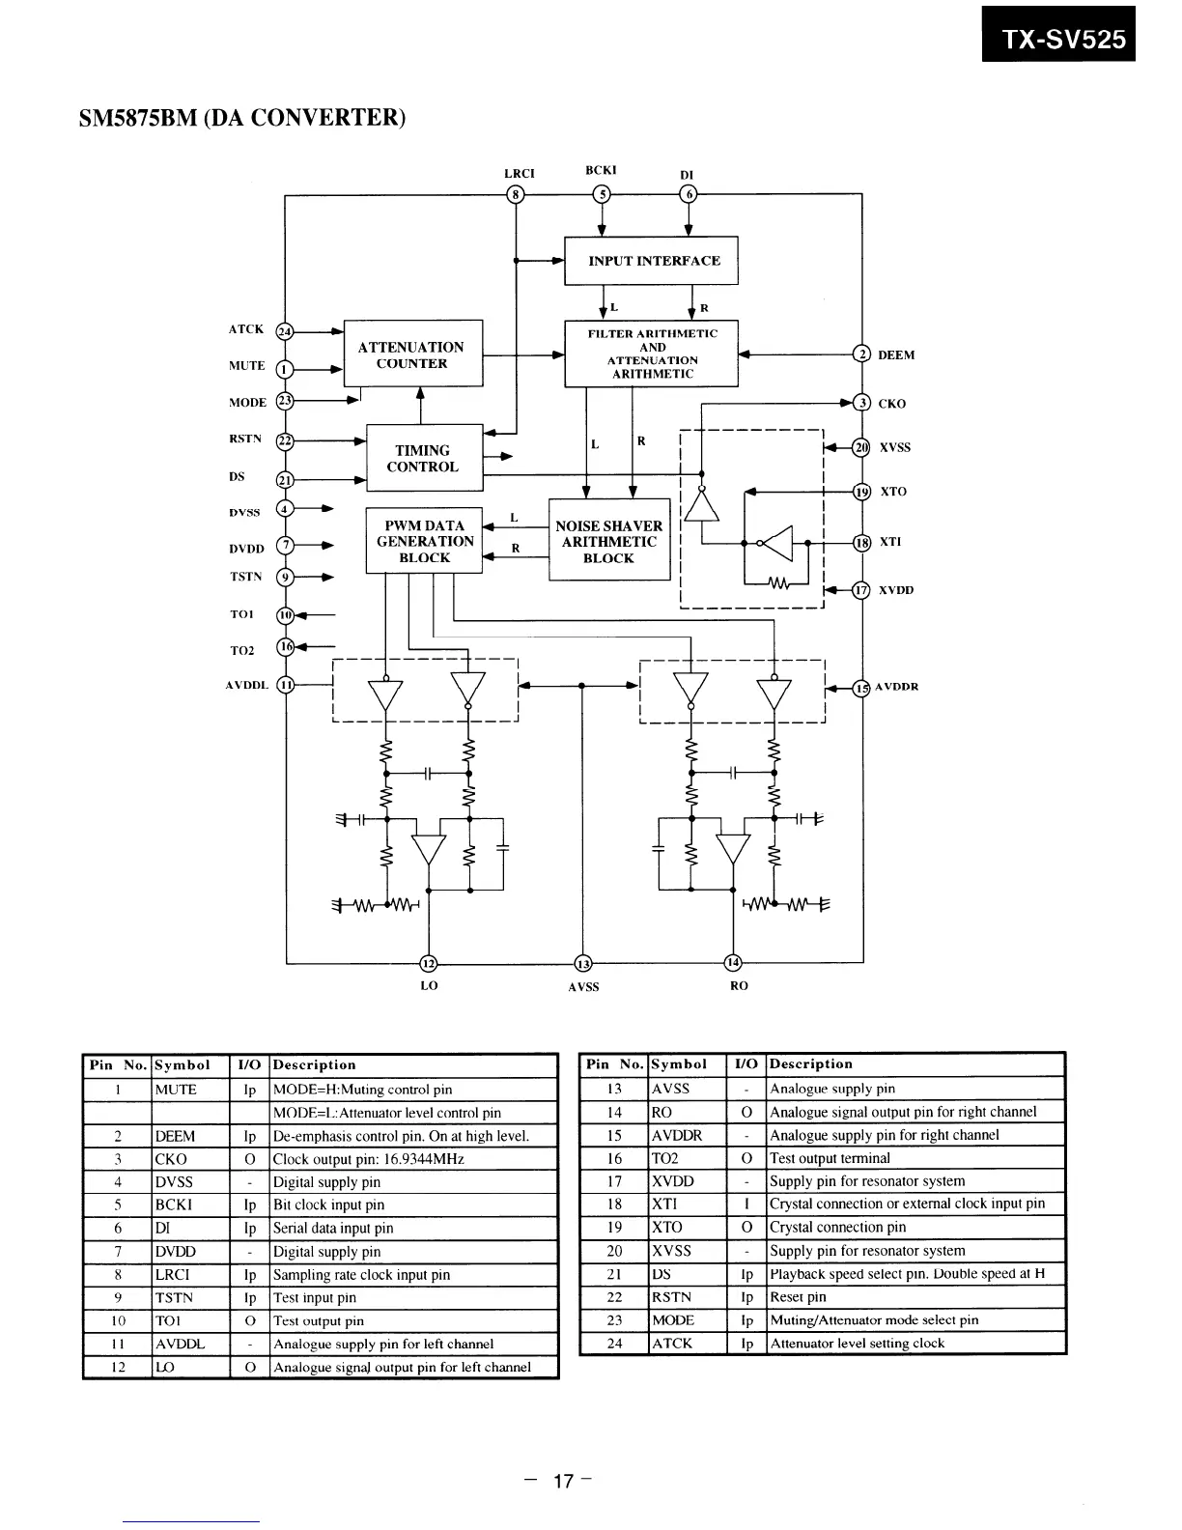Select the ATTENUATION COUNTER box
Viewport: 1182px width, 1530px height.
click(x=412, y=354)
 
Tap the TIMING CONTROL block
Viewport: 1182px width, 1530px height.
click(x=423, y=458)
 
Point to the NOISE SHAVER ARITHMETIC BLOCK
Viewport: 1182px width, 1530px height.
click(x=608, y=542)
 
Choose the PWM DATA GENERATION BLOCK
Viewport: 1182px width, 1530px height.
click(x=425, y=542)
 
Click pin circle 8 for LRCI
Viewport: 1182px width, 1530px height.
click(x=517, y=194)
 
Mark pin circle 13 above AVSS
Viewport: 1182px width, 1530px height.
click(x=582, y=963)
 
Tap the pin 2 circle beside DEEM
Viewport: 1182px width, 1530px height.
click(x=861, y=354)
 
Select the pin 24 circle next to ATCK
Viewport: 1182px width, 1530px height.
click(x=285, y=331)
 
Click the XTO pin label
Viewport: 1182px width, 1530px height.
click(x=893, y=492)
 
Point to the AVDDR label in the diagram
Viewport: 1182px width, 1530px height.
click(x=897, y=687)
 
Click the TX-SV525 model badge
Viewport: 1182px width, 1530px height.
click(x=1058, y=39)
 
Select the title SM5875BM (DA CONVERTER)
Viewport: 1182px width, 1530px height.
click(x=242, y=118)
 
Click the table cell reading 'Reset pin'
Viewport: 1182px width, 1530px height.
click(x=798, y=1297)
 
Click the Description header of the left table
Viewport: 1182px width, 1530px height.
click(x=315, y=1065)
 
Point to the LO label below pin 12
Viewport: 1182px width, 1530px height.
click(x=429, y=986)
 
